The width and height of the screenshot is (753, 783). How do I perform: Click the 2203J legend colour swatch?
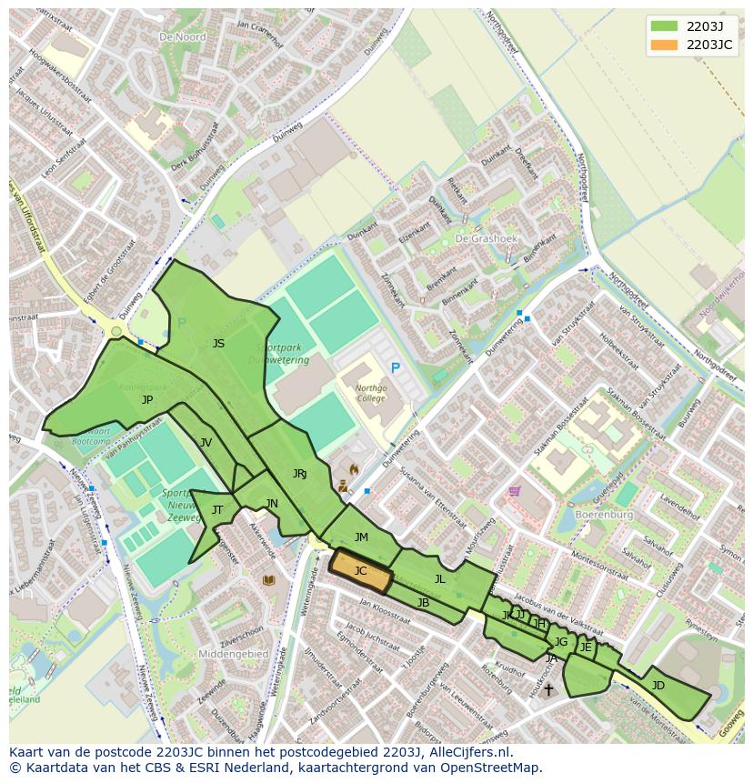(664, 25)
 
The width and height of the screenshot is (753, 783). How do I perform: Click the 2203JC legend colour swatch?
(664, 44)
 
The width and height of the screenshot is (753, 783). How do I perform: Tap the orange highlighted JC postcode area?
(361, 571)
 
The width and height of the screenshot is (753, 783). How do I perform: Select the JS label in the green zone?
(218, 344)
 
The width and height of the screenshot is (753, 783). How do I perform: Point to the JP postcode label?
(147, 399)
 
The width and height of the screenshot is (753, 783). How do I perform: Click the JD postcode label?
(658, 685)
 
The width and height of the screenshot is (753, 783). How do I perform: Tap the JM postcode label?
(361, 537)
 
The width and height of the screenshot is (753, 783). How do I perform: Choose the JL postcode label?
(440, 579)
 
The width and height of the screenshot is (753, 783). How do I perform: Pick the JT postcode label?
(217, 510)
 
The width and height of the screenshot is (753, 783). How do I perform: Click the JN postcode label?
(272, 504)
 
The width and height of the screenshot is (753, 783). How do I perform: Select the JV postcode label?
(206, 443)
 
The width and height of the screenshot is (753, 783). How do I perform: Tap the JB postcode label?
(423, 603)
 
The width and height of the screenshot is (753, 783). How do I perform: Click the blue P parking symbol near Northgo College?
(395, 367)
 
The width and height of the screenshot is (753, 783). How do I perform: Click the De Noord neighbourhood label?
(182, 37)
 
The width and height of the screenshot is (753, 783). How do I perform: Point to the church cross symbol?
(547, 691)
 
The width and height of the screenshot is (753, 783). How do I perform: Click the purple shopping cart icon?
(516, 491)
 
